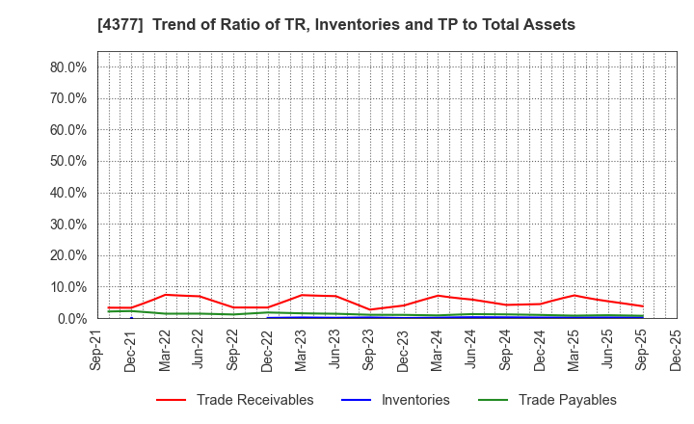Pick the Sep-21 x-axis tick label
pyautogui.click(x=97, y=351)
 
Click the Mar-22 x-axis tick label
pyautogui.click(x=166, y=351)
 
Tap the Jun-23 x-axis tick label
pyautogui.click(x=335, y=351)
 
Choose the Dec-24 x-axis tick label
pyautogui.click(x=540, y=351)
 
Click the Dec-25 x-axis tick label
pyautogui.click(x=676, y=351)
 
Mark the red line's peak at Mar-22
pyautogui.click(x=166, y=295)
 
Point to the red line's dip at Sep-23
pyautogui.click(x=370, y=309)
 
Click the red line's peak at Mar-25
pyautogui.click(x=574, y=295)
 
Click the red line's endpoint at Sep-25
pyautogui.click(x=642, y=306)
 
